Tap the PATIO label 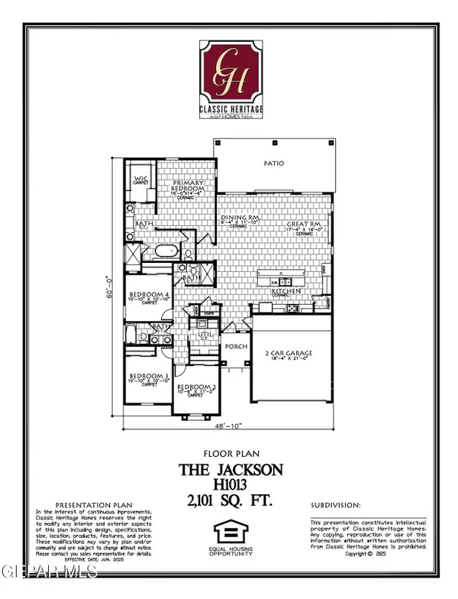click(x=274, y=163)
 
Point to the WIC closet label click(x=140, y=179)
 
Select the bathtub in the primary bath click(x=165, y=251)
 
